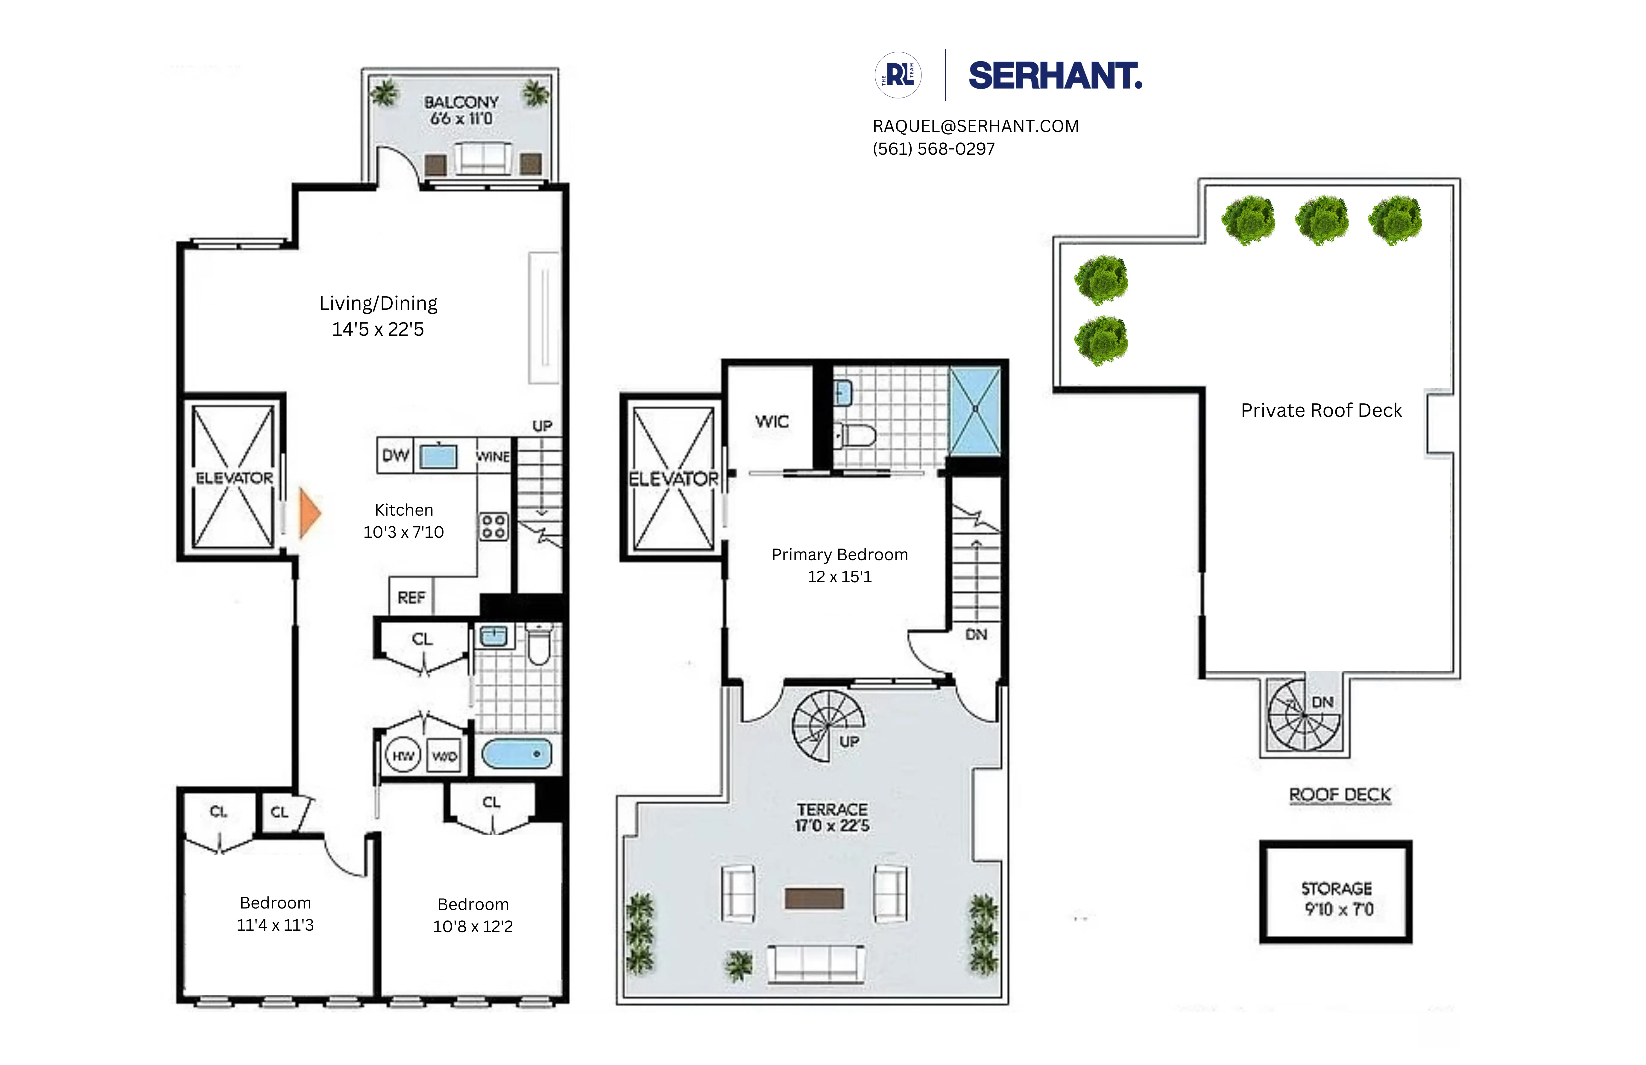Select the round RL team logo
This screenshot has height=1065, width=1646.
coord(898,75)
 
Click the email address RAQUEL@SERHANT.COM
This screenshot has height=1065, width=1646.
coord(975,126)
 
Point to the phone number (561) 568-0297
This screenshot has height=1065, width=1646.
coord(934,149)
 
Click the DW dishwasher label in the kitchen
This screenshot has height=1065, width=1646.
coord(395,455)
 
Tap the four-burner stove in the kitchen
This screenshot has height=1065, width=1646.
coord(494,526)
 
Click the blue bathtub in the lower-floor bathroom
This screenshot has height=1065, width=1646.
coord(517,754)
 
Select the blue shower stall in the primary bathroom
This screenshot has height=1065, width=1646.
coord(975,411)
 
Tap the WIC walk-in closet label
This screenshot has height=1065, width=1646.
coord(772,421)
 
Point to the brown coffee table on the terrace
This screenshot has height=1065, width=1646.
coord(814,898)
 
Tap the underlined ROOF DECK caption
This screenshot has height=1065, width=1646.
coord(1340,794)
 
